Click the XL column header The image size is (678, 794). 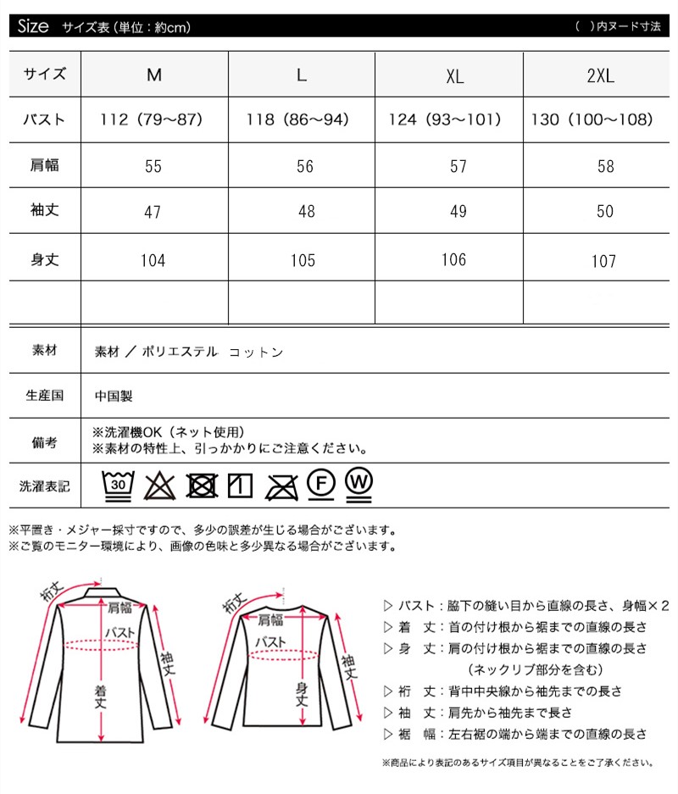click(455, 75)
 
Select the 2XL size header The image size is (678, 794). click(600, 75)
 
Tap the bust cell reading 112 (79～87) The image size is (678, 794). click(153, 119)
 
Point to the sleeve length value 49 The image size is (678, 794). click(458, 211)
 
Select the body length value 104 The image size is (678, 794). click(153, 260)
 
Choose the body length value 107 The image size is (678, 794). click(603, 261)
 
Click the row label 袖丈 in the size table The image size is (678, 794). click(44, 211)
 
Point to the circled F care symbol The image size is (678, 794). click(320, 483)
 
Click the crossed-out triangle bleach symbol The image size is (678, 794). click(158, 486)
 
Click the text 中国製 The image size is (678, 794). click(114, 395)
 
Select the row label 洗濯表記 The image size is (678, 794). click(44, 486)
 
